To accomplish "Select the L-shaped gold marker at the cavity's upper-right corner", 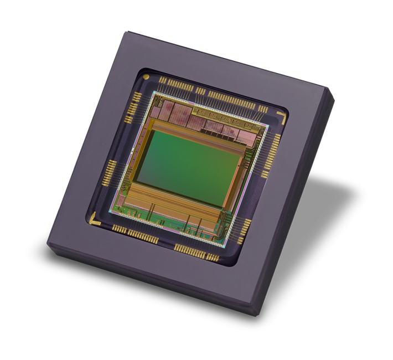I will (282, 117).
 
